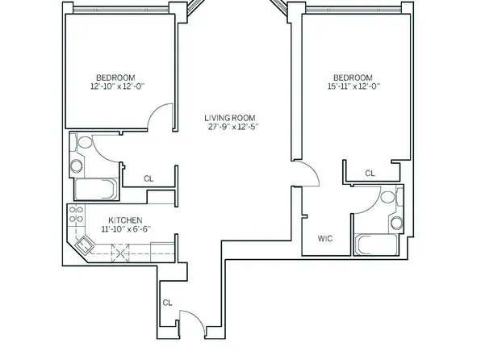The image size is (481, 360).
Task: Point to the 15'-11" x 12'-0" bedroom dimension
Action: [352, 85]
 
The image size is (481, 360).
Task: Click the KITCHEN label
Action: [126, 220]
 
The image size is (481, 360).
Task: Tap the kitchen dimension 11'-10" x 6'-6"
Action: [126, 229]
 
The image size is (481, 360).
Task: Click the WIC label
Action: [325, 239]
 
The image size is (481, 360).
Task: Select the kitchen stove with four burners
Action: [77, 216]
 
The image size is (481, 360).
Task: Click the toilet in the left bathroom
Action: [84, 143]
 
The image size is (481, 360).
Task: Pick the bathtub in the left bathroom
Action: [94, 189]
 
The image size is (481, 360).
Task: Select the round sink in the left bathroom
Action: [77, 166]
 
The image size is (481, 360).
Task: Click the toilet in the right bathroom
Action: [388, 196]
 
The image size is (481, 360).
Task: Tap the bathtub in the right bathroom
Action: [373, 244]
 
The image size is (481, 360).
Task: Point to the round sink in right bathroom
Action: [396, 222]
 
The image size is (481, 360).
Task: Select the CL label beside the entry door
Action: [167, 303]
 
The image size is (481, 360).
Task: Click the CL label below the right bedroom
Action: [369, 173]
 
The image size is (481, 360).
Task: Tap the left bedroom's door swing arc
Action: [163, 115]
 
